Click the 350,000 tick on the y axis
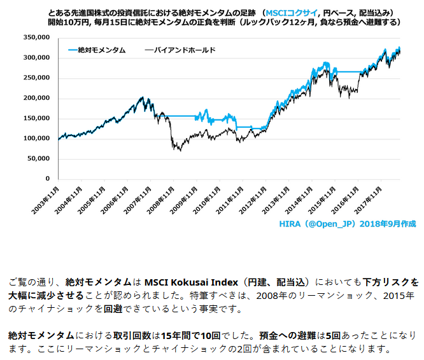38,38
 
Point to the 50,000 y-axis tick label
40,159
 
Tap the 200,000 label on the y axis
38,99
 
